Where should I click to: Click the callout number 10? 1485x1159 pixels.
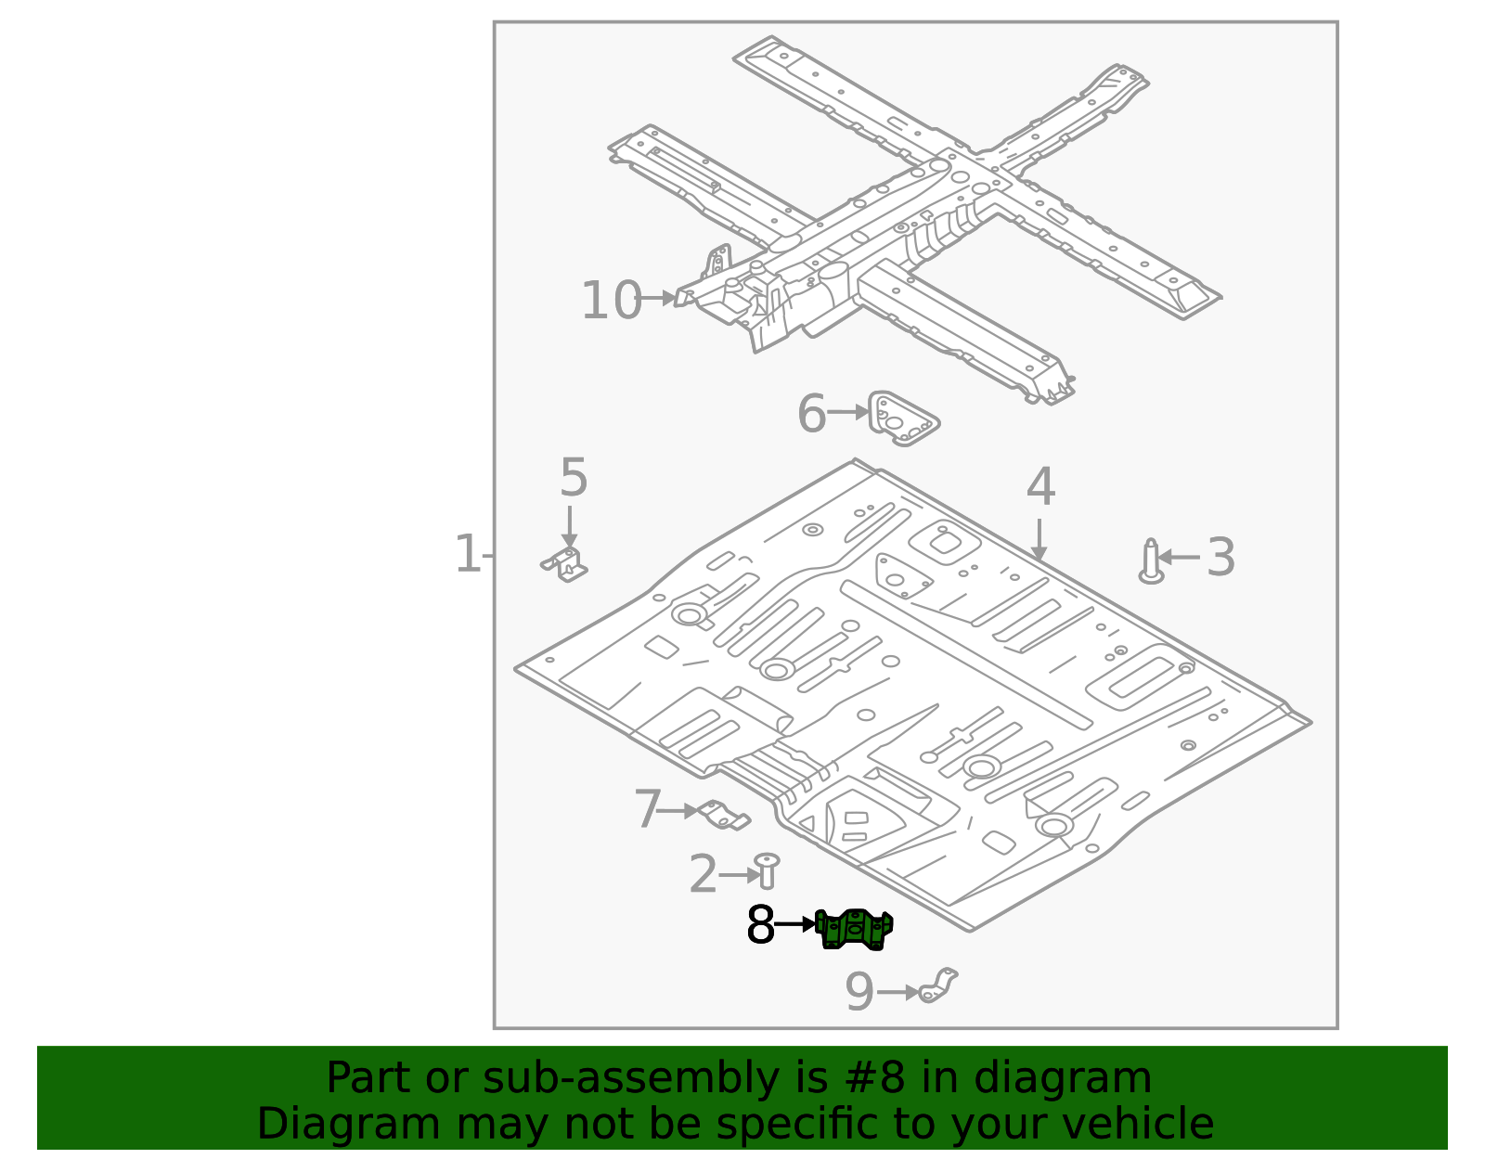click(x=611, y=301)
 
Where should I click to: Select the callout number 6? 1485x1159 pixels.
click(x=811, y=414)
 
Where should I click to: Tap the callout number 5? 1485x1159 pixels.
click(x=574, y=479)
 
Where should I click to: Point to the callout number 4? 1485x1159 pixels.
click(x=1040, y=488)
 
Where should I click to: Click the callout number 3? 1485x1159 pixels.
click(x=1220, y=558)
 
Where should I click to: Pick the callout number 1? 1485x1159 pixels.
click(x=467, y=554)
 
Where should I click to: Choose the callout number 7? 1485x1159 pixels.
click(x=647, y=810)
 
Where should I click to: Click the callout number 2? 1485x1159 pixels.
click(x=703, y=875)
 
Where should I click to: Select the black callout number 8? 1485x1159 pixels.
click(x=760, y=925)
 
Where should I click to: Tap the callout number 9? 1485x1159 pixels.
click(x=859, y=992)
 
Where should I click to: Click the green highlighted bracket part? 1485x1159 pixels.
click(x=855, y=930)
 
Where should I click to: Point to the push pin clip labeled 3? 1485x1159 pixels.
click(x=1151, y=562)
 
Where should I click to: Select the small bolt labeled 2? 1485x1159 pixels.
click(x=767, y=870)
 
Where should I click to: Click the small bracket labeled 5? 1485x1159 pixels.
click(x=566, y=563)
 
